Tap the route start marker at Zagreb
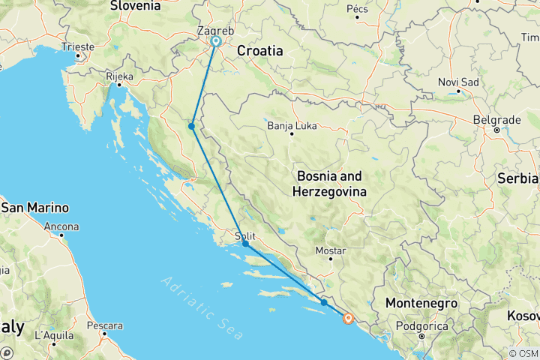(216, 42)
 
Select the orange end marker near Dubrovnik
(349, 318)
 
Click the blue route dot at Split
(245, 244)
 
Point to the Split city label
(245, 235)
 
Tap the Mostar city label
(331, 250)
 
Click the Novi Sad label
(458, 82)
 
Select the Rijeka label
(120, 76)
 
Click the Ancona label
(64, 226)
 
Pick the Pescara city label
(104, 326)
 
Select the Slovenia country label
(135, 6)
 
